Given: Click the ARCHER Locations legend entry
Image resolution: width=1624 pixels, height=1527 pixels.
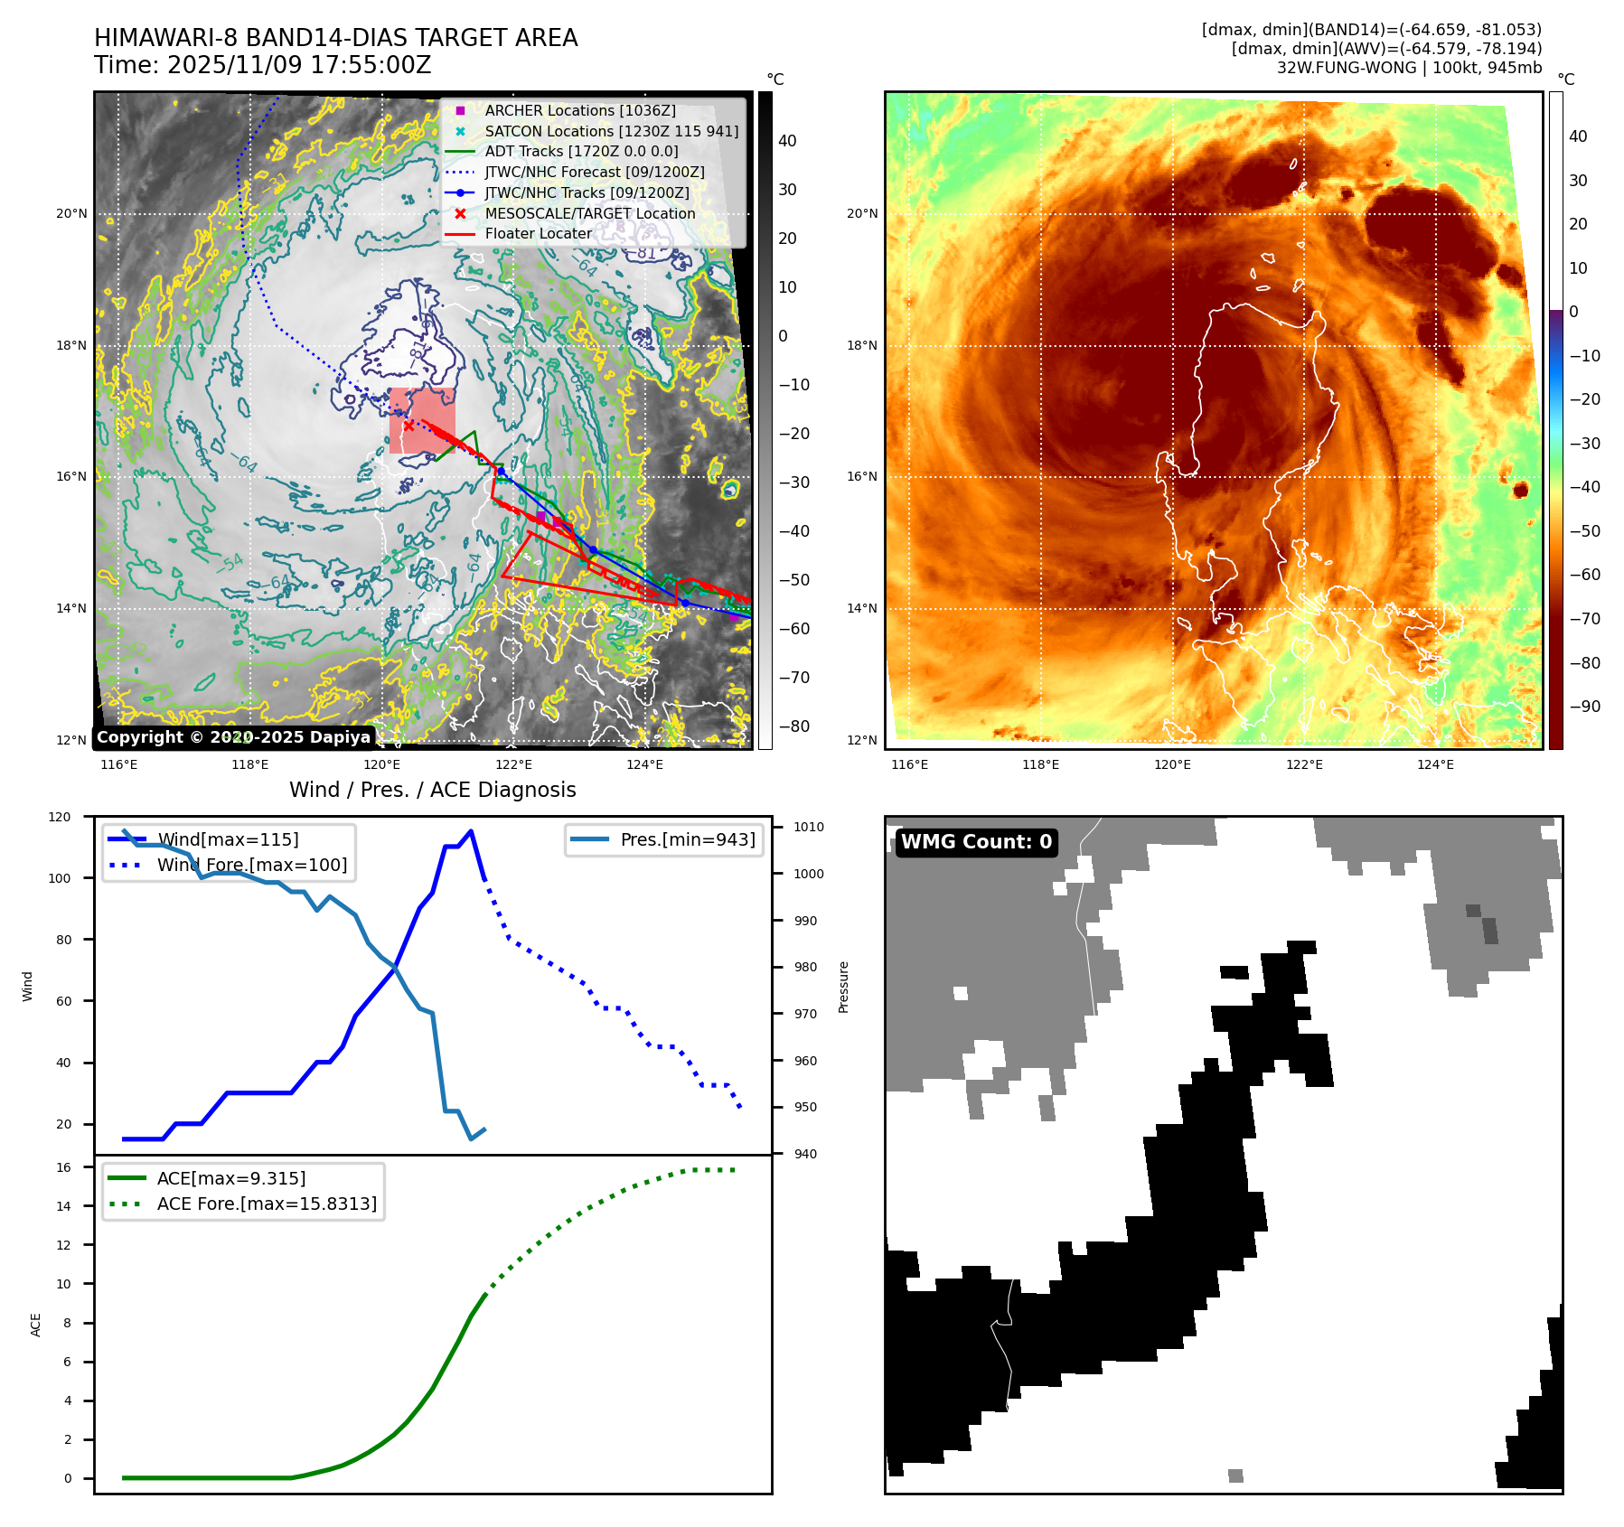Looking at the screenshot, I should (579, 110).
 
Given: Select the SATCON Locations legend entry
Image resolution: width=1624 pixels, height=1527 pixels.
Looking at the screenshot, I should (611, 131).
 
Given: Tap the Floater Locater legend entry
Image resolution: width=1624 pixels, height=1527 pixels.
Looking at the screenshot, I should (538, 233).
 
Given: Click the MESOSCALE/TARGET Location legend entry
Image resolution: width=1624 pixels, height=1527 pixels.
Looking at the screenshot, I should (589, 213).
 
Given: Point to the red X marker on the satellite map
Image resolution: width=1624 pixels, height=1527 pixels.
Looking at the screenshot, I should (408, 426).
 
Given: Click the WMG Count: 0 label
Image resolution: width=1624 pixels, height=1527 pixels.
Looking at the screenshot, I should (976, 842).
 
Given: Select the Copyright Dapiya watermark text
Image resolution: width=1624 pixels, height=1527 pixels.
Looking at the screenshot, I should (233, 737).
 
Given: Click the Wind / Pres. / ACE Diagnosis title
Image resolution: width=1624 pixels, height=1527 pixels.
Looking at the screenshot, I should (432, 790).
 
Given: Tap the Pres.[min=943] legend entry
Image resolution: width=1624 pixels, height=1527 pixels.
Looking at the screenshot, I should (687, 839).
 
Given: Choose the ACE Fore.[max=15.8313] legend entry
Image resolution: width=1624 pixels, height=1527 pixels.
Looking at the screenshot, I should (266, 1204).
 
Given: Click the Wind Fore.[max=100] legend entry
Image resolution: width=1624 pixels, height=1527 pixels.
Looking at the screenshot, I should (251, 865).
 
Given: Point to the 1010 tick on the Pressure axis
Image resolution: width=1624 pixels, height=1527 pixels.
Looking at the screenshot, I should (809, 827).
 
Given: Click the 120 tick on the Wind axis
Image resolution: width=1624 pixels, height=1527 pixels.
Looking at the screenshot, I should (60, 817).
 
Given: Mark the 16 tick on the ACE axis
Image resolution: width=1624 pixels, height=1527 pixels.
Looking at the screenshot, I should (63, 1167).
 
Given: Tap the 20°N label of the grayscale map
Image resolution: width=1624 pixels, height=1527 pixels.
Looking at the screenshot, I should (71, 214).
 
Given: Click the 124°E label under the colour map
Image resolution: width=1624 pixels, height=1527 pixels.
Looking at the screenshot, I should (1435, 764).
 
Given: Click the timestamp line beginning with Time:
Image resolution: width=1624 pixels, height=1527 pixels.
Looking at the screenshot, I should (262, 65).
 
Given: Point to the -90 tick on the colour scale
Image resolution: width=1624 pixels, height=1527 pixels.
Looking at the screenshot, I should (1584, 707).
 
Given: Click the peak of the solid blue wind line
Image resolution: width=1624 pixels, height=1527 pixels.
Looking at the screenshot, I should (471, 831).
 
